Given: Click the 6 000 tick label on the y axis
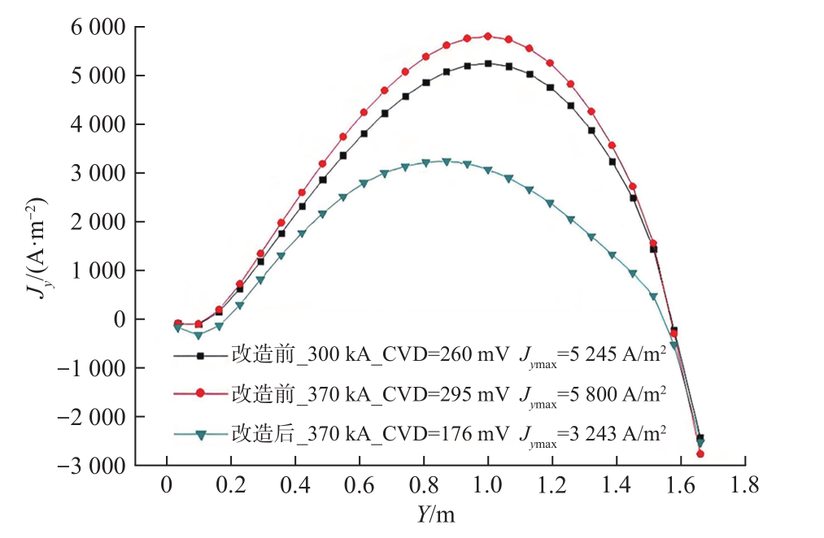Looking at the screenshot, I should coord(95,28).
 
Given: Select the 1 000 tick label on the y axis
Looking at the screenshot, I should coord(95,271).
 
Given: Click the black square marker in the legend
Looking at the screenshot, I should coord(200,355).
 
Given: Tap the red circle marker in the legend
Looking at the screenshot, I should coord(200,393).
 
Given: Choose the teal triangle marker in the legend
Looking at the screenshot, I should coord(200,433).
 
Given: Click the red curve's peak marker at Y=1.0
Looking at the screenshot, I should coord(487,36).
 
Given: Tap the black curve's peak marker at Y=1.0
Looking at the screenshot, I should coord(488,63).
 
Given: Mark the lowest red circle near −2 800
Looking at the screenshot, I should coord(700,453).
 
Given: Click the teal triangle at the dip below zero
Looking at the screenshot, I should coord(198,335).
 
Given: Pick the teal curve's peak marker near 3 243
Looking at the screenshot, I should coord(446,161).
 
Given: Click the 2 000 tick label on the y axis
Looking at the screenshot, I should coord(95,222).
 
